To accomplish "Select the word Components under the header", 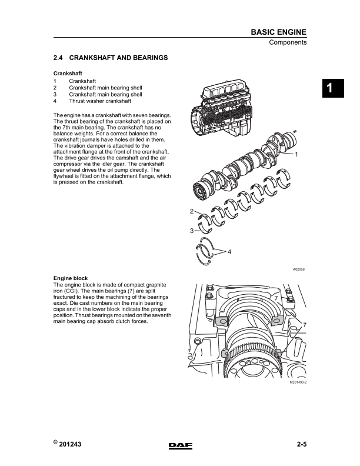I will click(288, 43).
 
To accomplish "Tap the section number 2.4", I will click(58, 58).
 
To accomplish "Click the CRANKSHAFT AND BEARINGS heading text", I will click(119, 58).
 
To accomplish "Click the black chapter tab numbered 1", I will click(330, 88).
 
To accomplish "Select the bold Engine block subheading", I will click(71, 277).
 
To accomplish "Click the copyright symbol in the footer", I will click(55, 442).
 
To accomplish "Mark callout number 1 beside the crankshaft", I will click(296, 154).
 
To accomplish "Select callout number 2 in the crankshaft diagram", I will click(192, 211).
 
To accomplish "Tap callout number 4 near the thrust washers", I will click(229, 252).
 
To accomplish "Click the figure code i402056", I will click(298, 269).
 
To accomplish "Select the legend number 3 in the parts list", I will click(55, 94).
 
